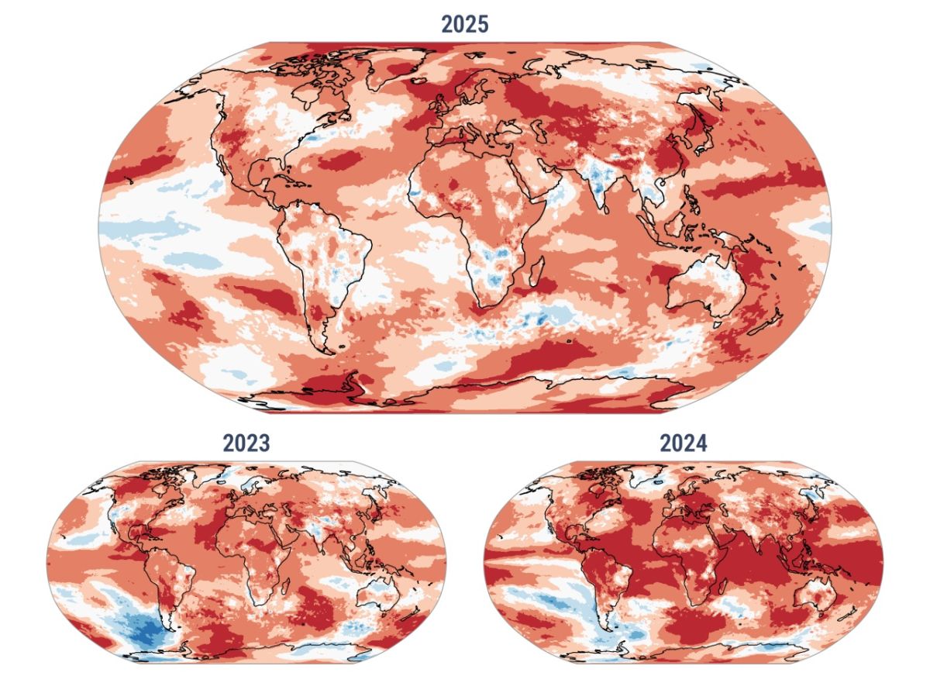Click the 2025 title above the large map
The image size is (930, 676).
465,24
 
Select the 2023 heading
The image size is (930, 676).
246,443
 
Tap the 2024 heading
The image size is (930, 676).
683,443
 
